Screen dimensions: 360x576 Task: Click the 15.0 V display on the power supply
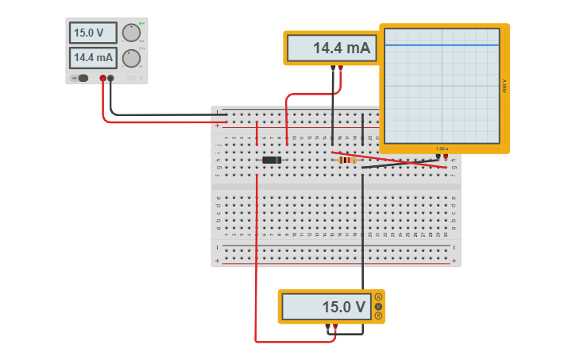tap(93, 33)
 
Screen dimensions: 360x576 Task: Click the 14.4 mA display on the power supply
tap(93, 58)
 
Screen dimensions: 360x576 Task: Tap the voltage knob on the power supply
tap(131, 33)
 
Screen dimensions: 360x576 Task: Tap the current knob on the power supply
tap(131, 58)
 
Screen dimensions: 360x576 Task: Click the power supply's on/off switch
tap(82, 78)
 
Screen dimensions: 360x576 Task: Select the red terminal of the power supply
tap(102, 78)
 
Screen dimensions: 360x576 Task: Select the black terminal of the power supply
tap(110, 78)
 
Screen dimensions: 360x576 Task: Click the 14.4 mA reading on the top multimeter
tap(330, 48)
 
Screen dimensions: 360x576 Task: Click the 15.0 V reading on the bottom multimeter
tap(327, 307)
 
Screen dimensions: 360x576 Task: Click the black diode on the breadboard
tap(272, 161)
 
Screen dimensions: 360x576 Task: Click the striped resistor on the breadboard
tap(348, 160)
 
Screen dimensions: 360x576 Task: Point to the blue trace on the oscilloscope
tap(442, 45)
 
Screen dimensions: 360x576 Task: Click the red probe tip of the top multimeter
tap(341, 68)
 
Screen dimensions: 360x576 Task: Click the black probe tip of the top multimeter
tap(333, 68)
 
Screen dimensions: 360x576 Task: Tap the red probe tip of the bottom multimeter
tap(336, 327)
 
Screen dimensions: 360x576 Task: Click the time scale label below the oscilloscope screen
tap(442, 149)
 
